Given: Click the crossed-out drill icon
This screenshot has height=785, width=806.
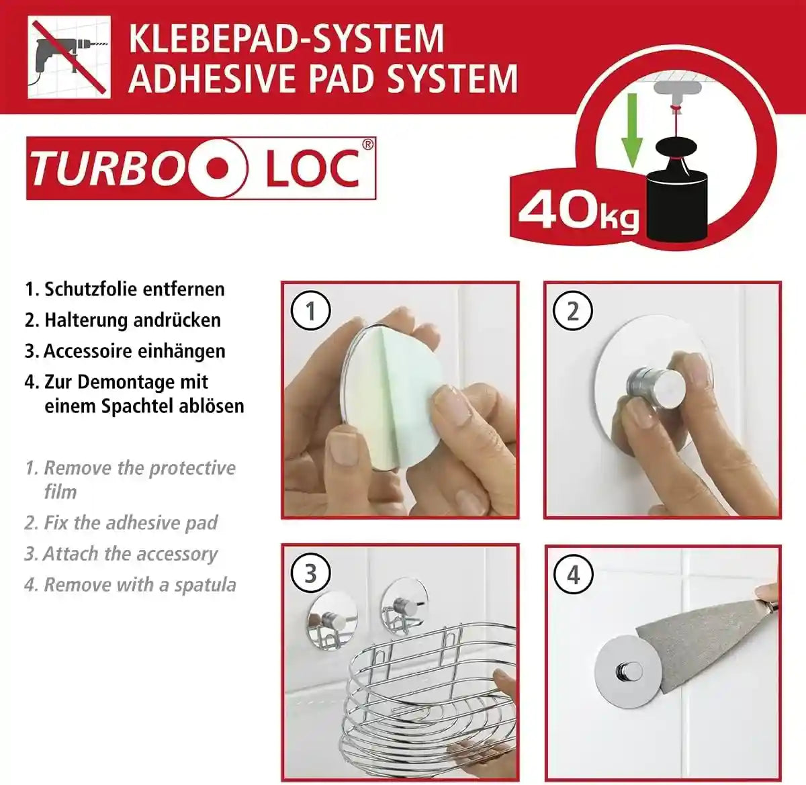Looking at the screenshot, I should point(69,58).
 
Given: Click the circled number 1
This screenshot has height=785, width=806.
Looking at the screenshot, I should point(310,311).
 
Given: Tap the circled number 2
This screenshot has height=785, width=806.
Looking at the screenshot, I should point(572,311).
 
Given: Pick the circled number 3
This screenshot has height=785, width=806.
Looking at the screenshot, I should point(310,574).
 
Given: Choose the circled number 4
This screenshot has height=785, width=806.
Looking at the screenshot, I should point(572,575).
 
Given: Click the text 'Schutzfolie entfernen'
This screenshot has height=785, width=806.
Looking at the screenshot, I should point(134,289).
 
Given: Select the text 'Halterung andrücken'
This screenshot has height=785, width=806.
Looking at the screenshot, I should point(132,320).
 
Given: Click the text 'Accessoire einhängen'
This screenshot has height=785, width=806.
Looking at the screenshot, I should point(134,351).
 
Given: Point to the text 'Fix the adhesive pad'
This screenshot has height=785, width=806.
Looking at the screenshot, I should point(130,522).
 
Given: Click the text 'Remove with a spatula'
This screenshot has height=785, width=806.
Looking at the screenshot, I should point(140,585).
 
